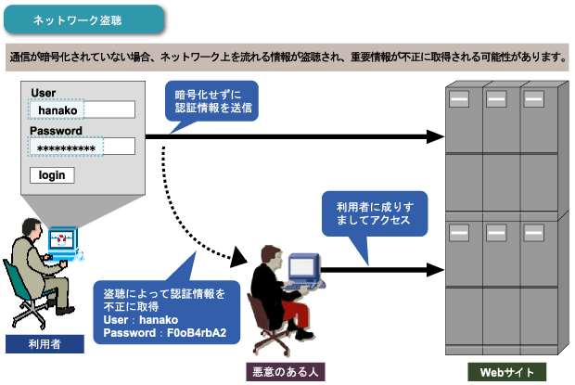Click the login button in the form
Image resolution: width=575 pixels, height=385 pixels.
click(x=52, y=175)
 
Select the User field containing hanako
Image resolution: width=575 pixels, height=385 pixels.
click(x=82, y=109)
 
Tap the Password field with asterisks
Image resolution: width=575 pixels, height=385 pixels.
click(x=82, y=147)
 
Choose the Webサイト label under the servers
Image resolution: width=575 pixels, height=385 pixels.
click(x=506, y=372)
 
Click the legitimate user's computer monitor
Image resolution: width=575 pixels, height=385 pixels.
click(x=63, y=241)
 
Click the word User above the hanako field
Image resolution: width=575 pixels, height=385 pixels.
click(x=45, y=92)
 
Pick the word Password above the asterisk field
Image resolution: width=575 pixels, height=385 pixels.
click(x=55, y=130)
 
